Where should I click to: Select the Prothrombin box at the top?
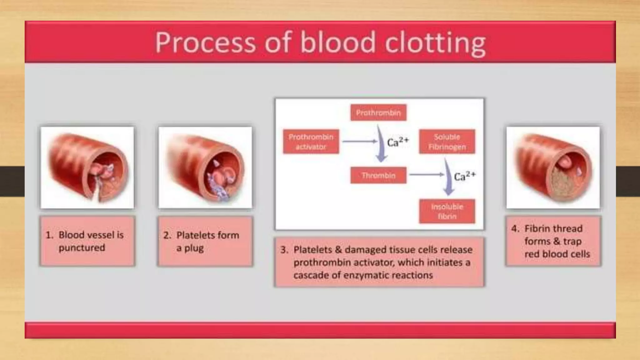(x=378, y=112)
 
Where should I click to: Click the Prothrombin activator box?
(x=311, y=142)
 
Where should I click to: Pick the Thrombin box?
(x=378, y=175)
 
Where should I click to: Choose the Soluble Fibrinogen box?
(x=447, y=142)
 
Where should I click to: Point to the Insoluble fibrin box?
(x=447, y=211)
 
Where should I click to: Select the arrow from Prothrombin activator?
(x=359, y=142)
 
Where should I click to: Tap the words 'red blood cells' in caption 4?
(x=557, y=254)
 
